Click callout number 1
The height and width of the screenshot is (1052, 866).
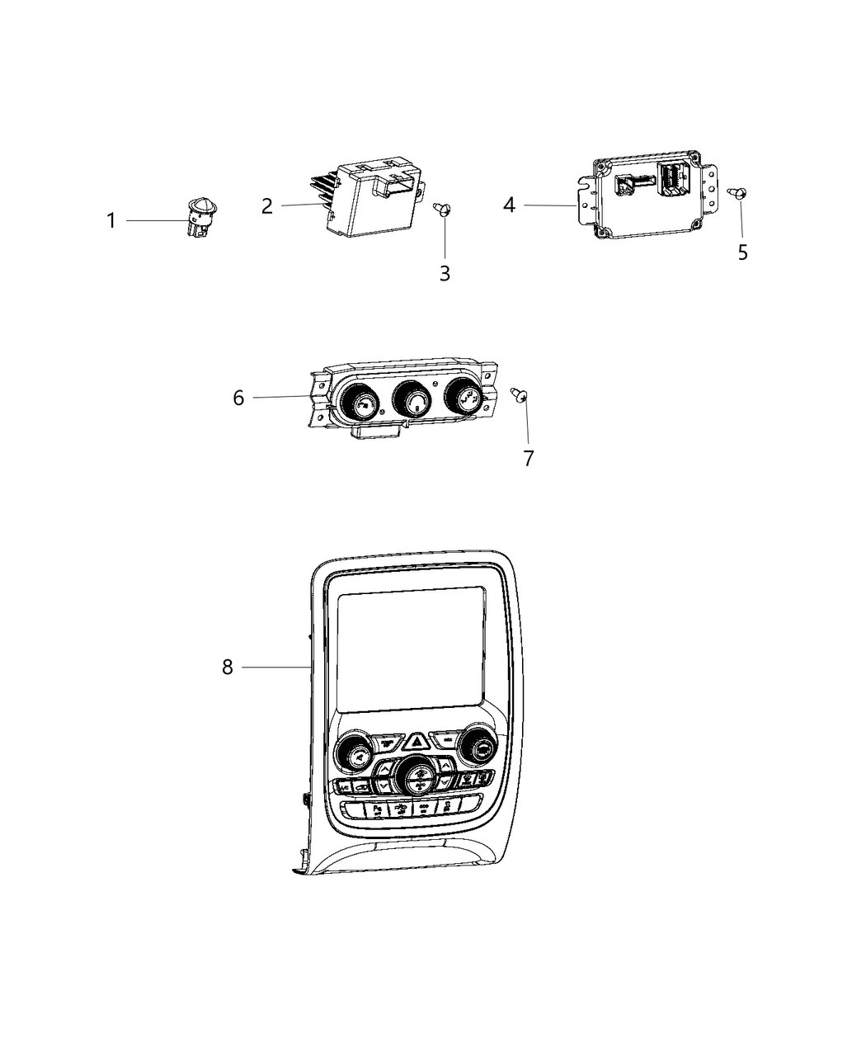point(111,221)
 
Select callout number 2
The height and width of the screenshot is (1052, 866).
point(266,205)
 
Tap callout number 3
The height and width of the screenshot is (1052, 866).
point(445,274)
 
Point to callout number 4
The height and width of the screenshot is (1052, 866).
point(509,205)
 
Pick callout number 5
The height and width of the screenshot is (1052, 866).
point(742,252)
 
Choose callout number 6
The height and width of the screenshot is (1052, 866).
point(238,398)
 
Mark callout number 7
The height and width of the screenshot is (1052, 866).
point(529,458)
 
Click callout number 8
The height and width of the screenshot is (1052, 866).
point(228,667)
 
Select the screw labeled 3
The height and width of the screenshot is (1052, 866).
point(443,210)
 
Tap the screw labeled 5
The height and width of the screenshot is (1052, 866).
point(738,192)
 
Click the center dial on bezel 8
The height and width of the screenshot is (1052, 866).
point(417,776)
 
